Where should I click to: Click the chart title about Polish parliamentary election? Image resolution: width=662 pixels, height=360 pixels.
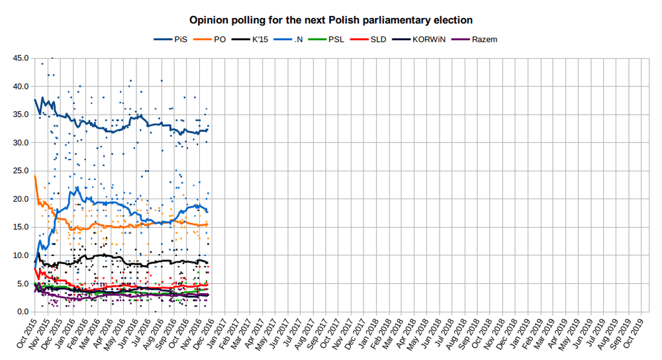point(331,21)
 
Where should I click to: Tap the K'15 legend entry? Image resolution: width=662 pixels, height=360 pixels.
point(260,40)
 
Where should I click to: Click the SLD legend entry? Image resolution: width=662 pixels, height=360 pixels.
point(378,40)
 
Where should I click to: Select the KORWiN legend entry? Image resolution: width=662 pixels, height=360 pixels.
point(424,40)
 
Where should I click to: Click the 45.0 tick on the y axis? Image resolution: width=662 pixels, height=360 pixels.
point(21,58)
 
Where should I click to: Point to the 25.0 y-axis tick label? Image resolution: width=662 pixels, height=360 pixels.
point(21,171)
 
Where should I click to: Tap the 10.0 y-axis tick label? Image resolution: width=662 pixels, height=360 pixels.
point(21,255)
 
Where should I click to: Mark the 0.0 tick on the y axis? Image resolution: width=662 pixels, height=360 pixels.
point(23,312)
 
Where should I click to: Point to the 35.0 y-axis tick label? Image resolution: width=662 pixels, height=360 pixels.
point(21,114)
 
